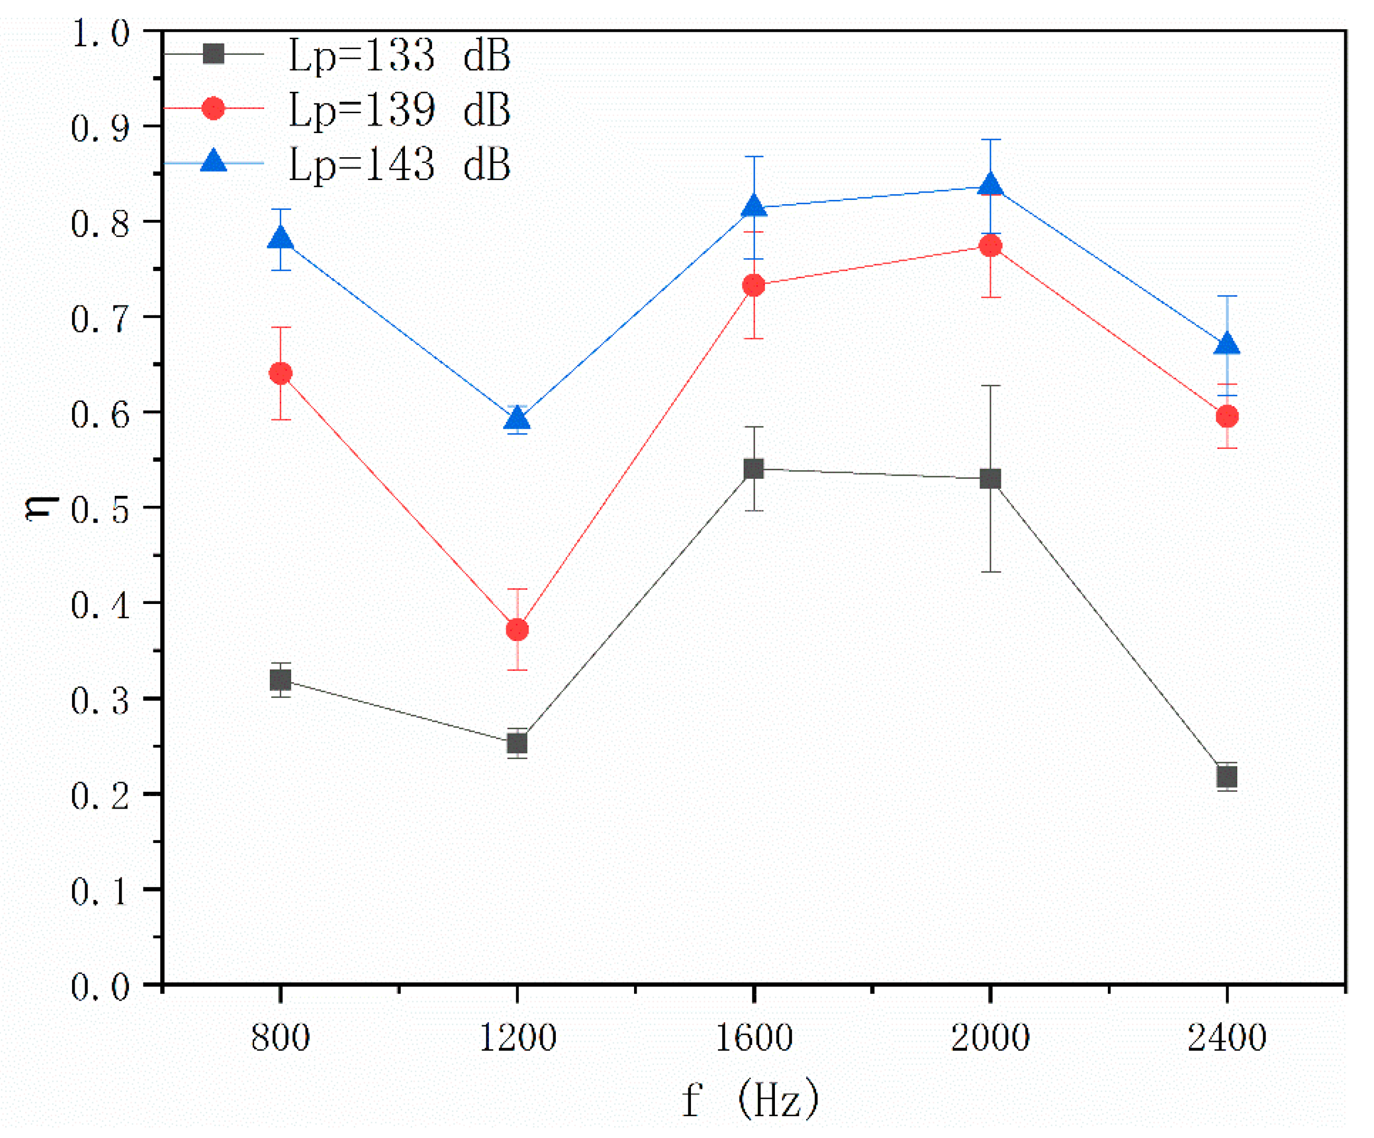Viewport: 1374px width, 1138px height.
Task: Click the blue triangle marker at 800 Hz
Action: (x=281, y=238)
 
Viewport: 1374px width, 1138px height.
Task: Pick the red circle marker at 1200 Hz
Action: (x=518, y=630)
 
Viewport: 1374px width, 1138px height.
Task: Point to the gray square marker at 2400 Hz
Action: (x=1227, y=777)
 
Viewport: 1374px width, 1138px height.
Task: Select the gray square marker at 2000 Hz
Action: (x=990, y=479)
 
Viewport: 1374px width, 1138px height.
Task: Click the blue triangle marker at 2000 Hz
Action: (x=990, y=185)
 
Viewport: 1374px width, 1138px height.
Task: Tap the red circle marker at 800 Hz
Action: (x=281, y=373)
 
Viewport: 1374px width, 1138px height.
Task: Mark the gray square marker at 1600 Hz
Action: (x=754, y=469)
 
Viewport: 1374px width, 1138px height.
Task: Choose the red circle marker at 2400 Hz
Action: (x=1227, y=416)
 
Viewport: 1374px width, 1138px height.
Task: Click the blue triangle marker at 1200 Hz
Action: (x=518, y=419)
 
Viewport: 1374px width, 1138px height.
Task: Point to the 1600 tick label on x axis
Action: (x=754, y=1038)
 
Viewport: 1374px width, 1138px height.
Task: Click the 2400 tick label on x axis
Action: (x=1227, y=1038)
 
